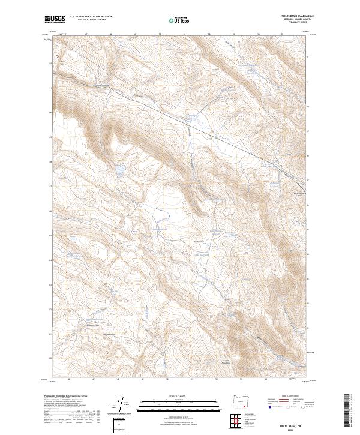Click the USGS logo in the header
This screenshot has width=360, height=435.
55,19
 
